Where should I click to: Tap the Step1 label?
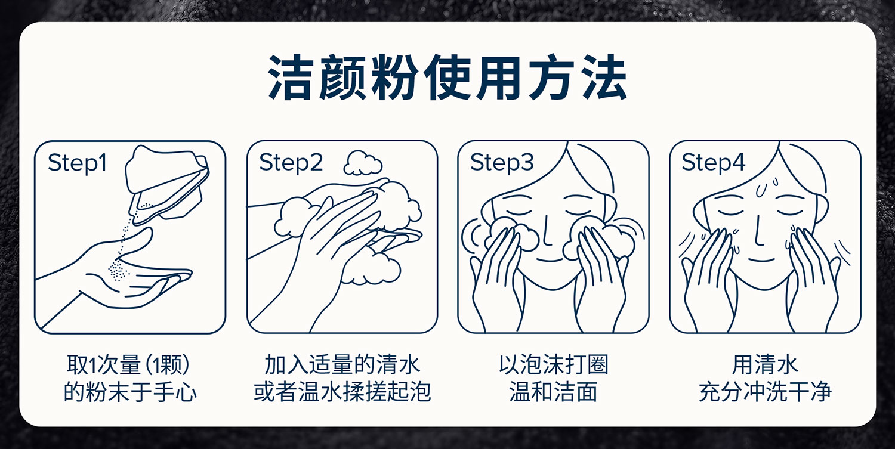[77, 163]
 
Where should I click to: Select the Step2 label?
[291, 163]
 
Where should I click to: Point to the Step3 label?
[502, 163]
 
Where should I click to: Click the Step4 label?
[714, 163]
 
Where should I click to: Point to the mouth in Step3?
[550, 260]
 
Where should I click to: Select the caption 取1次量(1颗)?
[128, 365]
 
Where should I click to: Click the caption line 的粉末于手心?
[130, 392]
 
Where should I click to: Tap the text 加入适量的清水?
[342, 365]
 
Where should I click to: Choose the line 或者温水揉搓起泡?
[342, 392]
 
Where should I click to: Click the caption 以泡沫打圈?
[553, 365]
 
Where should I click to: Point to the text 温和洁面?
[553, 392]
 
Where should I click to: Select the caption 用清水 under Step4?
[765, 365]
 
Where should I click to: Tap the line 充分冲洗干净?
[765, 392]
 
